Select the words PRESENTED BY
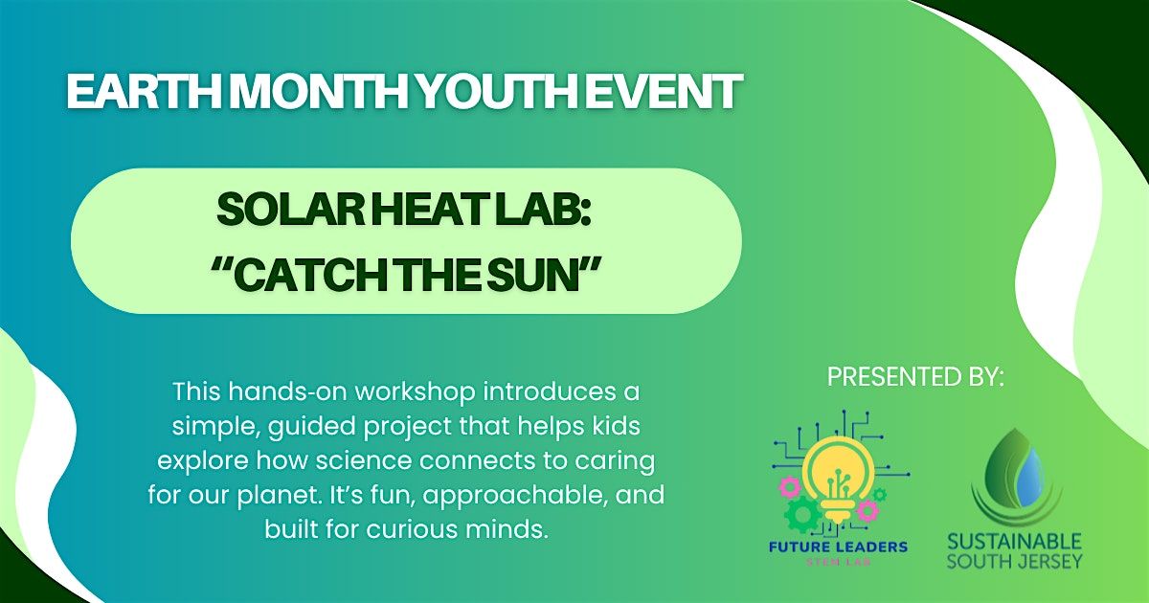915,376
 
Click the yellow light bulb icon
837,478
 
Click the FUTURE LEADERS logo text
838,547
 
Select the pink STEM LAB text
838,562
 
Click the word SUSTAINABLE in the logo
1015,542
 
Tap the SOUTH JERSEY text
1015,561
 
